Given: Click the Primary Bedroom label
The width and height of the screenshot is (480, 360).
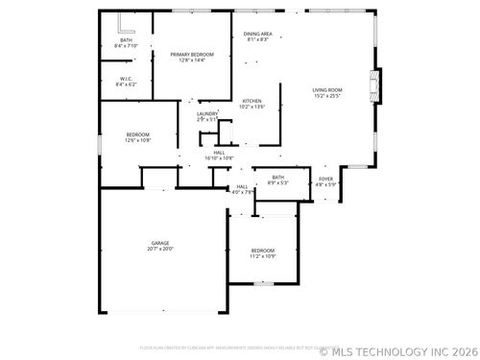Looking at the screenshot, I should pos(192,54).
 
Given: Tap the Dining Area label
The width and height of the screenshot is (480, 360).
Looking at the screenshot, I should pos(257,34).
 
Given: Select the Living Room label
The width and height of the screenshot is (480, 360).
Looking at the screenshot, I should pos(327,89).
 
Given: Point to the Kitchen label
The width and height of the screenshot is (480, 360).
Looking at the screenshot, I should pos(252,101).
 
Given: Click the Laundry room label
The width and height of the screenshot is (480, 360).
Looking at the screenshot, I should pos(207,113).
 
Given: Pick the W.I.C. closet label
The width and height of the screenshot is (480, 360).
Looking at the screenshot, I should pos(126,79).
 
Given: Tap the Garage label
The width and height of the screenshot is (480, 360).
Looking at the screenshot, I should pos(159,243).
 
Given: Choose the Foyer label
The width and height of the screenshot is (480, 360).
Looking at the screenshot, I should pos(326,179).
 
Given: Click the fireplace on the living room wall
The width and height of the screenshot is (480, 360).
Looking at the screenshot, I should pos(376,84).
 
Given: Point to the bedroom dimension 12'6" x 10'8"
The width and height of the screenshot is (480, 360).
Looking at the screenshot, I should pos(138,140).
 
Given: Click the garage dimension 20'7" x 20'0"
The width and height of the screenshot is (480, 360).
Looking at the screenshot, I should pos(159,249).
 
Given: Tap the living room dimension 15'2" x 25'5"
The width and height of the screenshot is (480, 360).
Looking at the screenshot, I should pos(327,95).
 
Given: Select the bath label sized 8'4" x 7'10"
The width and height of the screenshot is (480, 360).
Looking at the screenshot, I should pos(126,40).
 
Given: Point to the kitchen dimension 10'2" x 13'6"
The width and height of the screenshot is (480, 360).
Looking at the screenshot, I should pos(252,107).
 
